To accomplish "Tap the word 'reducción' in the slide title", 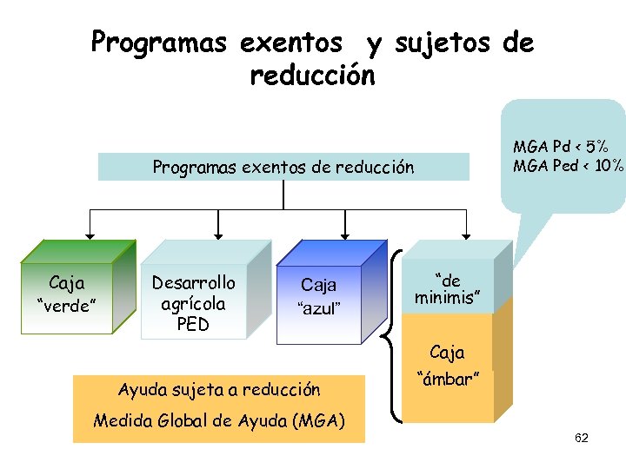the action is tap(313, 76).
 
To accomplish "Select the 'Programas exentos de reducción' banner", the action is tap(283, 167).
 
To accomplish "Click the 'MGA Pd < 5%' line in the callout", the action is tap(560, 147).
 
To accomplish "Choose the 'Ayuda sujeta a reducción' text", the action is tap(219, 390).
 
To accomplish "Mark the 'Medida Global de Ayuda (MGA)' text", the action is tap(219, 421).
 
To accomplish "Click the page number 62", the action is tap(582, 438).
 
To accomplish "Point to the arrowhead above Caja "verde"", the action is tap(90, 234).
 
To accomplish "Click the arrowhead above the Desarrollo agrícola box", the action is tap(218, 234).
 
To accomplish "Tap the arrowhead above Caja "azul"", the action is tap(346, 234).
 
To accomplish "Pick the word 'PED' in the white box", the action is tap(193, 324).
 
